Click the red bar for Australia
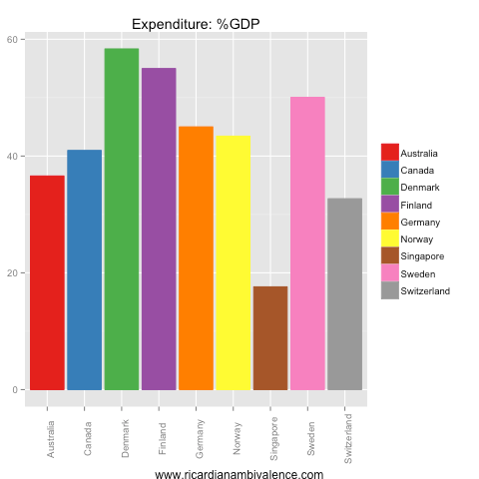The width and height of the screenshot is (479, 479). pos(47,282)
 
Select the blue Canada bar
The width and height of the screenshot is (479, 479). pos(84,269)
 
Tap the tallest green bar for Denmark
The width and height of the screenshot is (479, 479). pos(122,219)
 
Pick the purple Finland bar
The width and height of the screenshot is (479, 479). pos(159,229)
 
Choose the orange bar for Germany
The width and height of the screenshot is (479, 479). pos(196,257)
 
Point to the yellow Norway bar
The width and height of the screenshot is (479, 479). pos(234,262)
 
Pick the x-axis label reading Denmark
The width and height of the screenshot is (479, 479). pos(122,435)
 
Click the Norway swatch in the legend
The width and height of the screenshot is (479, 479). pos(390,239)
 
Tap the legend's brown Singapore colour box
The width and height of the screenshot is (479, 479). pos(390,255)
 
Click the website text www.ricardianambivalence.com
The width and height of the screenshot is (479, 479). pos(239,475)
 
